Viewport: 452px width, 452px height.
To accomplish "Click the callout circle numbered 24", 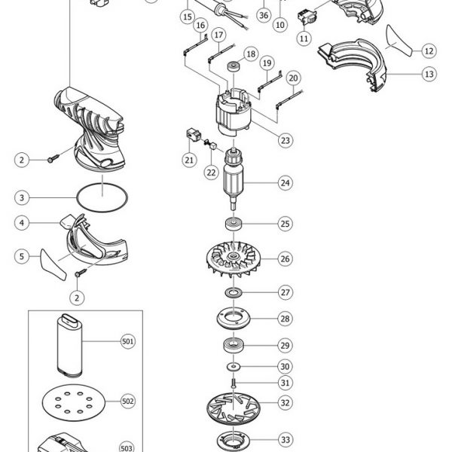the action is click(285, 183).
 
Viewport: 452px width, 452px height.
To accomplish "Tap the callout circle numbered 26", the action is click(285, 258).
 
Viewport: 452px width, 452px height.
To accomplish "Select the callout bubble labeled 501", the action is click(128, 341).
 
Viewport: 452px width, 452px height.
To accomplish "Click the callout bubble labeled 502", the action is click(128, 402).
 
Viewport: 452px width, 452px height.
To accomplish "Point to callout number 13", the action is click(429, 74).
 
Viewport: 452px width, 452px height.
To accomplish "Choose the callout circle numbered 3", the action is click(22, 197).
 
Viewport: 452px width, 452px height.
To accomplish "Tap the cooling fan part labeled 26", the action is click(234, 259).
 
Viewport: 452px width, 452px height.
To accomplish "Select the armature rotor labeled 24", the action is click(234, 179).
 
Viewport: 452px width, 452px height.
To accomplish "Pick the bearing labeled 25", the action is click(234, 224).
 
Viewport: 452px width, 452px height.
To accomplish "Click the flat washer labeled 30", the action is click(234, 367).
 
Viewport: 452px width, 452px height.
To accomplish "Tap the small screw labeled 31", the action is click(234, 383).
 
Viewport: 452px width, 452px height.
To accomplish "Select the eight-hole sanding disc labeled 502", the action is click(74, 403).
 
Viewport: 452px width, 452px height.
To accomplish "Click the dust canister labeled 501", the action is click(69, 346).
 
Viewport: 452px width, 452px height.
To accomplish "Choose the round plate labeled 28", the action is click(234, 319).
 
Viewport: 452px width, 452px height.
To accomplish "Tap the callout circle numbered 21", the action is click(189, 160).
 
